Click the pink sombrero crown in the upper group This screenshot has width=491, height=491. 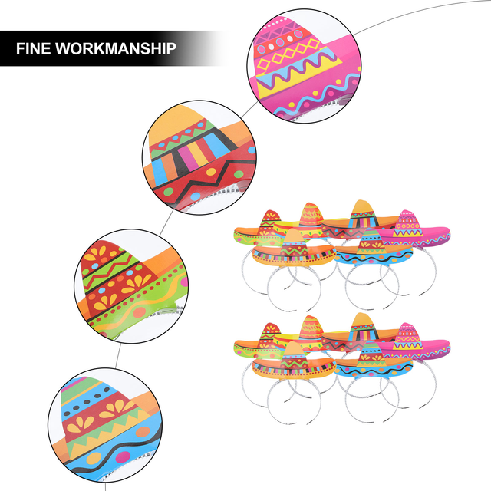(x=406, y=222)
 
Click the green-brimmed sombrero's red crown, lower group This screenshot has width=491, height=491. (x=269, y=333)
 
